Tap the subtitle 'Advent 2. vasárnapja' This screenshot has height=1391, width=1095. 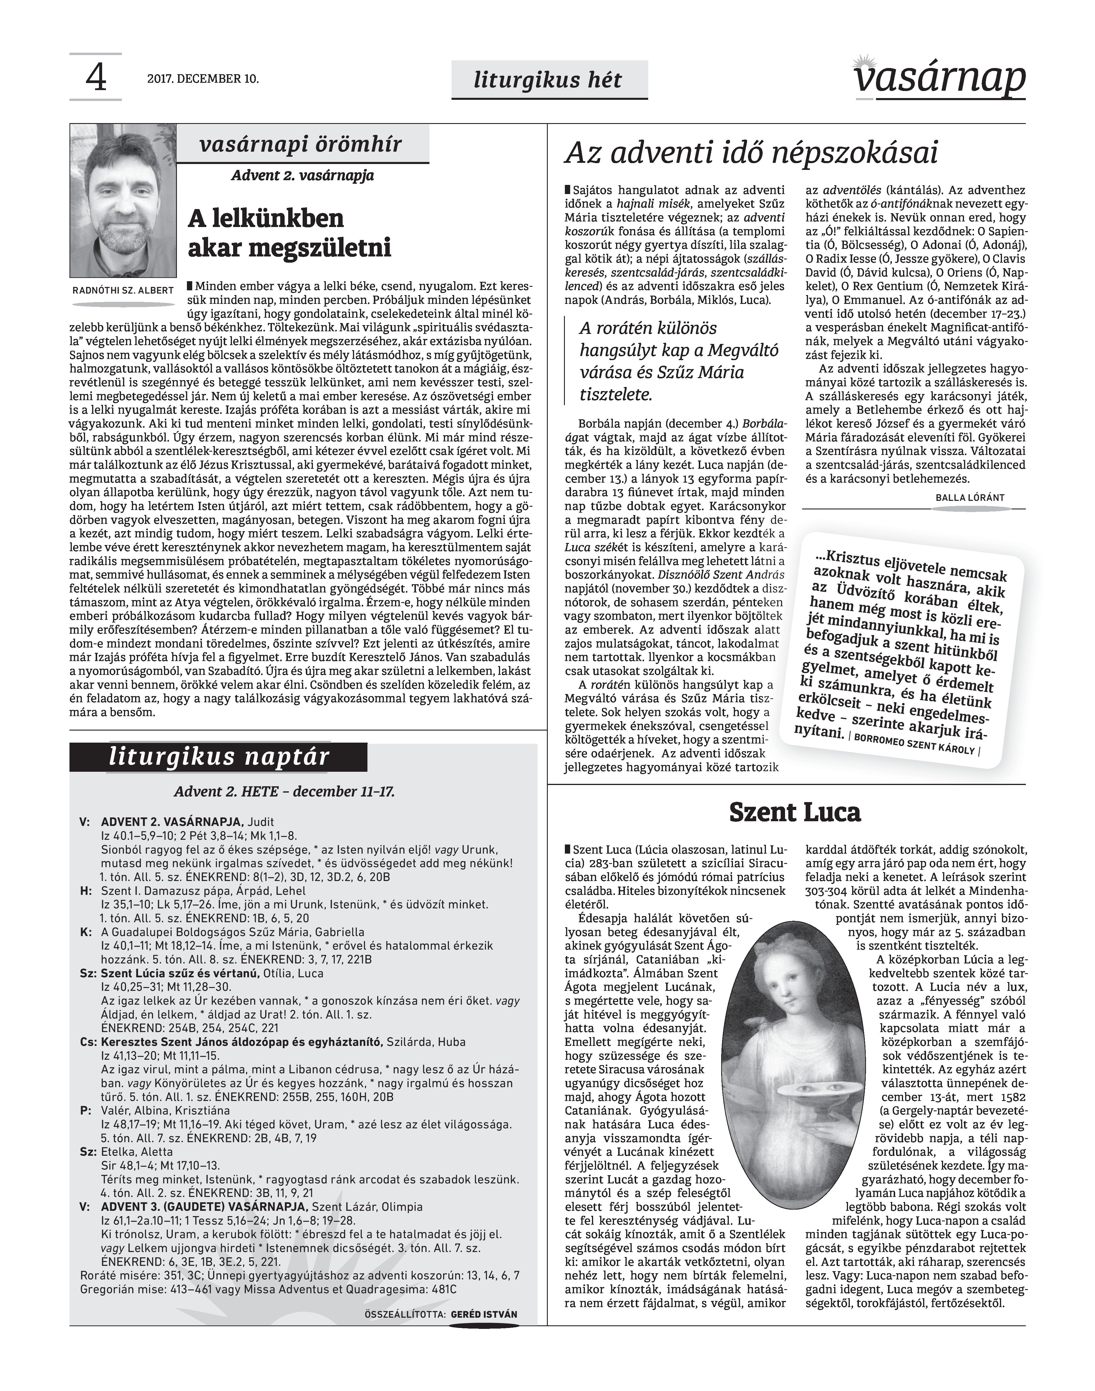pos(303,175)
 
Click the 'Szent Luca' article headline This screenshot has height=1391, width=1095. pos(795,812)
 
